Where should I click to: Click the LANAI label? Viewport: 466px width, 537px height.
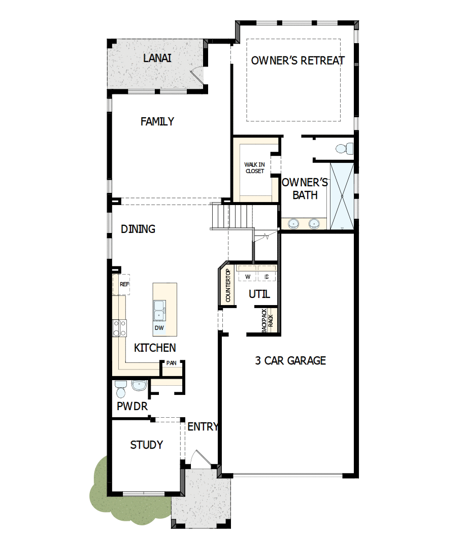157,58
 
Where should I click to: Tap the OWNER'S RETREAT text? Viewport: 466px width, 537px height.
298,60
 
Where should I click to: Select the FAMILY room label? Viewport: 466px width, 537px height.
157,121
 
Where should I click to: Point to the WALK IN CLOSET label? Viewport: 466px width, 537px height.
254,168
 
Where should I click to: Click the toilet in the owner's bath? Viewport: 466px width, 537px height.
345,149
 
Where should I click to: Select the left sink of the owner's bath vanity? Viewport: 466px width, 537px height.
293,223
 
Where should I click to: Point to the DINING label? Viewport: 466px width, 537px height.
138,229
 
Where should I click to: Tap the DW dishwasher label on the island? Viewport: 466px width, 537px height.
159,328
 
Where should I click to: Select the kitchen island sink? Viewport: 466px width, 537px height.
160,310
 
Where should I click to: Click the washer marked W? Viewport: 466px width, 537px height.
248,276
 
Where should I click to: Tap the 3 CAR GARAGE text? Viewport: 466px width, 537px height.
290,360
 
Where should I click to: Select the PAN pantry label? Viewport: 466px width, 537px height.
171,363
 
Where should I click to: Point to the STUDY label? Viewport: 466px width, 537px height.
147,445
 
